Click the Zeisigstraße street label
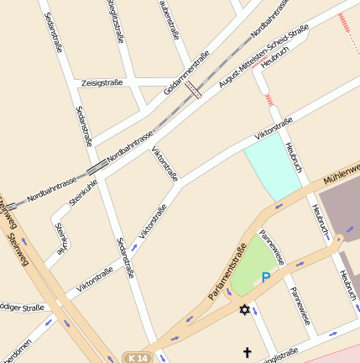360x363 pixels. point(102,83)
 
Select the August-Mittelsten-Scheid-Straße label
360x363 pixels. point(263,56)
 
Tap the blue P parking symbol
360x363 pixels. point(266,277)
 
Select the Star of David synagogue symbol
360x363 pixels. point(245,310)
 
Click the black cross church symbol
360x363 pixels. point(247,352)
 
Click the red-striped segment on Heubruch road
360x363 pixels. point(269,100)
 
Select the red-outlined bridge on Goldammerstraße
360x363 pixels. point(194,90)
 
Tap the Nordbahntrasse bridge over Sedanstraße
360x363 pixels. point(97,166)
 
